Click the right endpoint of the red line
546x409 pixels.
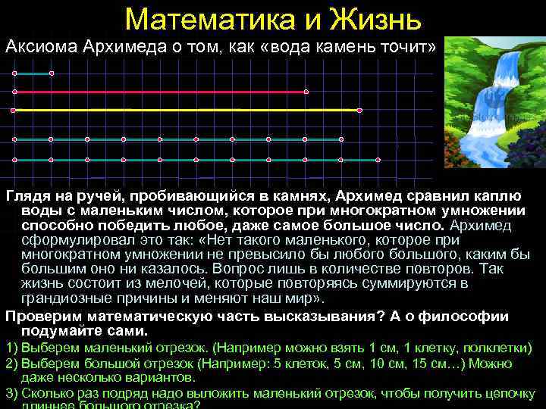pyautogui.click(x=306, y=92)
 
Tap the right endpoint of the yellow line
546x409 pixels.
pyautogui.click(x=359, y=111)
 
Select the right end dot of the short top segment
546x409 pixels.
pyautogui.click(x=51, y=73)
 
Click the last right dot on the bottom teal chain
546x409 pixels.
pyautogui.click(x=378, y=161)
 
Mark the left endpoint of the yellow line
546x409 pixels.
pyautogui.click(x=14, y=111)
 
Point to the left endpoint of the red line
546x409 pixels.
pyautogui.click(x=14, y=92)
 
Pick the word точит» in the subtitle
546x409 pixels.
pyautogui.click(x=409, y=48)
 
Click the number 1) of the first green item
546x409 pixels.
pyautogui.click(x=12, y=348)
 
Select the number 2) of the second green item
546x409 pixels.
pyautogui.click(x=12, y=363)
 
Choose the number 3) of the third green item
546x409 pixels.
pyautogui.click(x=12, y=393)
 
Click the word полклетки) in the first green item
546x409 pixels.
pyautogui.click(x=500, y=348)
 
